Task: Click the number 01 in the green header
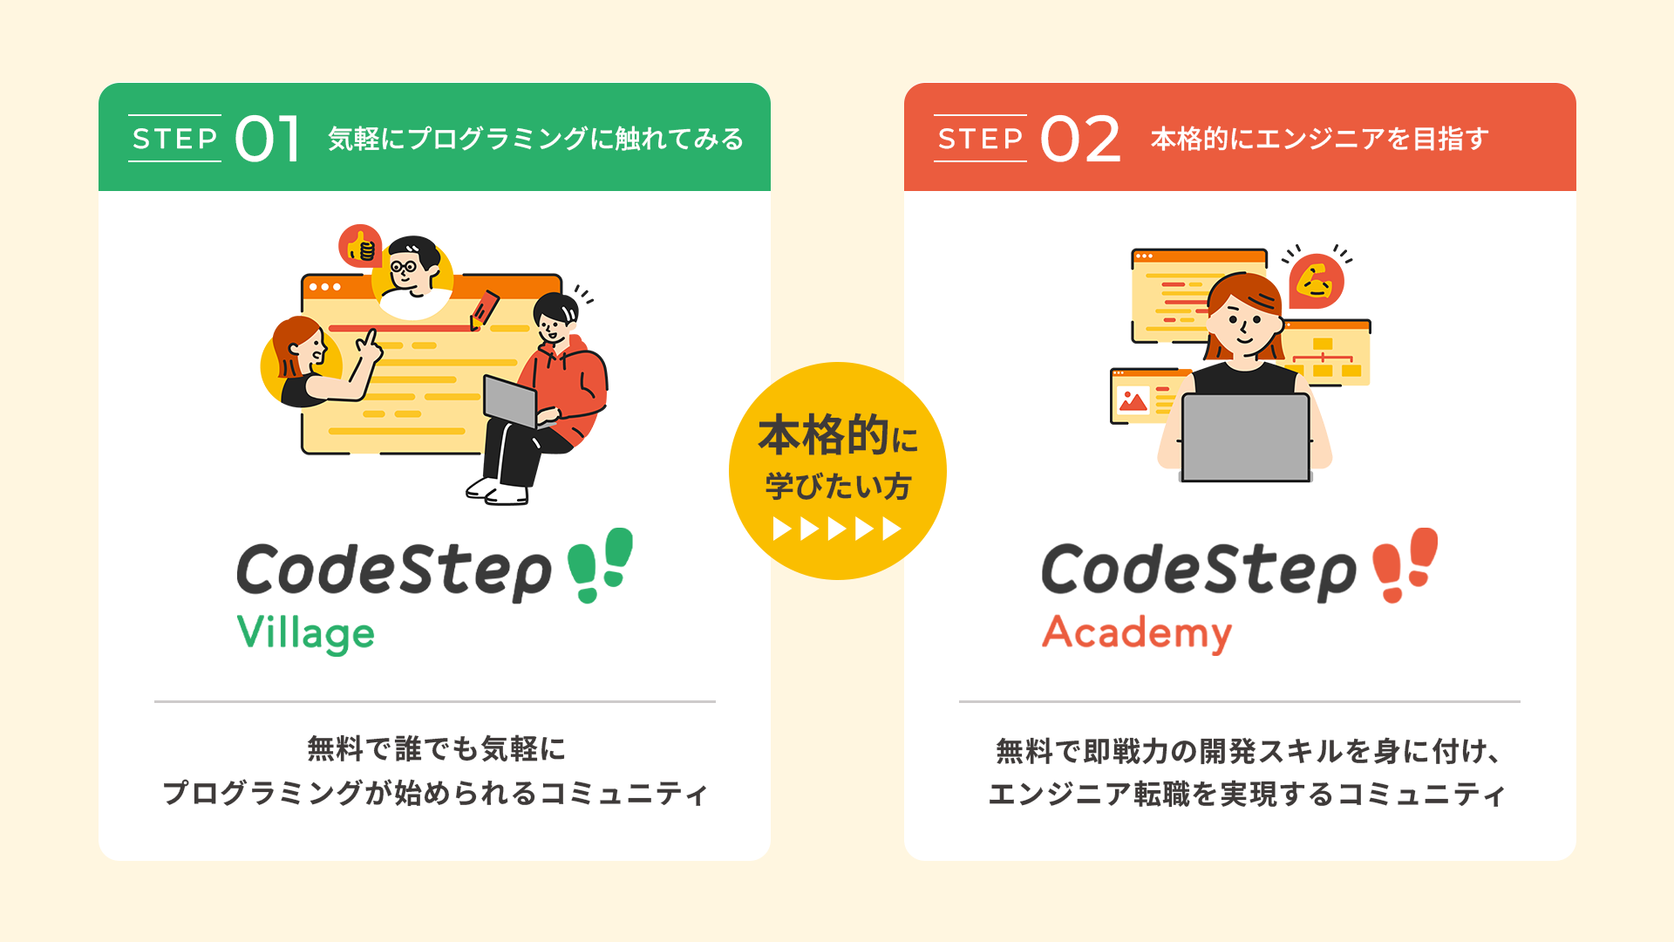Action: (268, 140)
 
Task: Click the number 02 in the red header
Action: (1080, 140)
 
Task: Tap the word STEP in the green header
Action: (174, 139)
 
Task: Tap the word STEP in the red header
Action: (980, 139)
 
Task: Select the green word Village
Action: (305, 634)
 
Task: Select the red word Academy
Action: (1137, 633)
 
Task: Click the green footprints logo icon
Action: (600, 564)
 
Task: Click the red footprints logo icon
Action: (1405, 564)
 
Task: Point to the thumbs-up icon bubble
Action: (360, 247)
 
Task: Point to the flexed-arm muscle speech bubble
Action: (1316, 281)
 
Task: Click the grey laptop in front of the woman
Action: (1245, 437)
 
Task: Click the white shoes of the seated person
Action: (498, 491)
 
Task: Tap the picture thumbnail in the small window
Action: (1133, 400)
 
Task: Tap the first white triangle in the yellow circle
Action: (782, 529)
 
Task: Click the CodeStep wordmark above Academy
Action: (1199, 570)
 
